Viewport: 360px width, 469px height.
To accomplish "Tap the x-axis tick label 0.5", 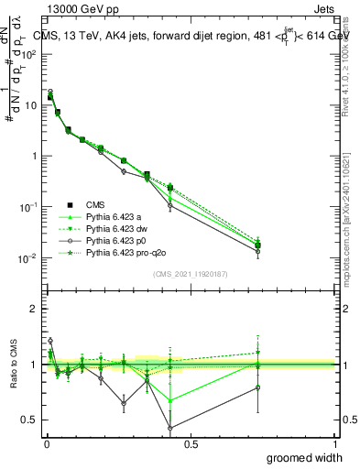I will pos(191,442).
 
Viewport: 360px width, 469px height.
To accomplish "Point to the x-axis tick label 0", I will pos(47,442).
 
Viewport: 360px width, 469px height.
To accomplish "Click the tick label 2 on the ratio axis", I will pos(34,309).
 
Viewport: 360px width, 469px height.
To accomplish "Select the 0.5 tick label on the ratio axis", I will pos(29,420).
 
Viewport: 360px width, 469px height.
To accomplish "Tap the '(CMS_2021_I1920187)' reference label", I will pos(191,273).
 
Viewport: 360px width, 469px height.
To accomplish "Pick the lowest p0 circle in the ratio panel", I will pos(170,428).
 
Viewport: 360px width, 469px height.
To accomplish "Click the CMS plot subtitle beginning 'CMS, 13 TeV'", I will pos(192,36).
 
